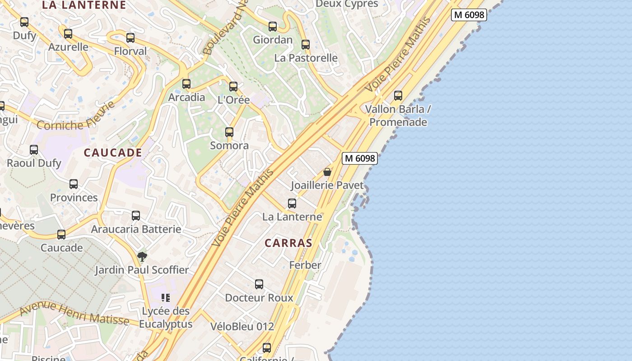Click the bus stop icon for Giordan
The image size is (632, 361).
click(273, 27)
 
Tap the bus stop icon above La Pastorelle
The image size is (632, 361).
click(306, 45)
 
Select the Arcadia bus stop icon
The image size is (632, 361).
click(186, 84)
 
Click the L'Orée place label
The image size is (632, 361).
click(233, 100)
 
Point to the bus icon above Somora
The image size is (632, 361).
click(229, 132)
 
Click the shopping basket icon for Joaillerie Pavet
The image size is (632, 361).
click(327, 172)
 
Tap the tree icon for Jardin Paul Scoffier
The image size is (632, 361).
click(142, 257)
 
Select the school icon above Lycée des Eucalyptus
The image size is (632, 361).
click(166, 298)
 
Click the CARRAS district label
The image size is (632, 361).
click(288, 243)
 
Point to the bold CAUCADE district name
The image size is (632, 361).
click(113, 153)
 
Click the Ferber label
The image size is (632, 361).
click(305, 265)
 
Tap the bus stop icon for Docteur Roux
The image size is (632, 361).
click(259, 284)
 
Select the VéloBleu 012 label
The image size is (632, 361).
click(242, 326)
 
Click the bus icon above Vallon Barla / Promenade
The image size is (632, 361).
click(398, 96)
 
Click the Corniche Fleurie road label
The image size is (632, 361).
click(76, 117)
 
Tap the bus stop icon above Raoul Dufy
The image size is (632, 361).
click(34, 150)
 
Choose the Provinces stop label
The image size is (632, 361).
click(74, 198)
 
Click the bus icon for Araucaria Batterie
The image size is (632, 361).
click(136, 216)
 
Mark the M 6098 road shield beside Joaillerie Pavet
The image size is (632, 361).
click(359, 158)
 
